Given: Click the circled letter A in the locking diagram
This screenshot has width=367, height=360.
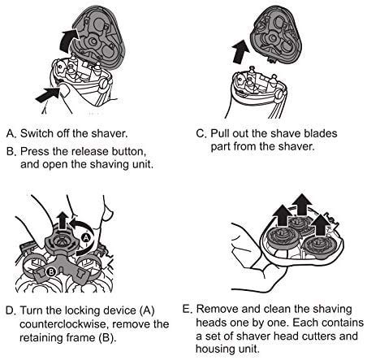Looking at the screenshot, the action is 86,237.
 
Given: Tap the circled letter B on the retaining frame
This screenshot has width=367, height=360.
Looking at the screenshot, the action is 51,271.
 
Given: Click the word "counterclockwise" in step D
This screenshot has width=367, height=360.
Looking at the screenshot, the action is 63,324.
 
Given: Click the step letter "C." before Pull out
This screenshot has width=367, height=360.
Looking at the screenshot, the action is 201,133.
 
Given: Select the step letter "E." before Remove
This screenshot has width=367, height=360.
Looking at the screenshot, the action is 188,309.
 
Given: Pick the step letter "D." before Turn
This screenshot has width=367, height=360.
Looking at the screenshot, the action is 11,310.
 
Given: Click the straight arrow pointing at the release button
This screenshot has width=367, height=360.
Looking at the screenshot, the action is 48,94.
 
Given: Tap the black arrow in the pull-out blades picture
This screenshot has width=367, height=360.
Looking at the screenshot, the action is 240,52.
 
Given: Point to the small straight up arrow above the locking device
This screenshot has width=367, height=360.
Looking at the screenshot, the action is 63,220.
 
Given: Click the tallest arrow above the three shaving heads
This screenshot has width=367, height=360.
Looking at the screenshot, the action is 302,205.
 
